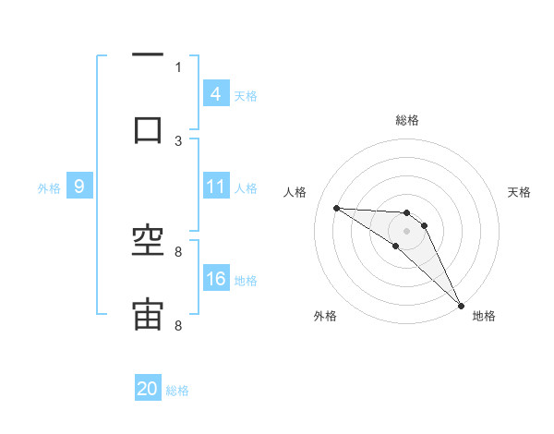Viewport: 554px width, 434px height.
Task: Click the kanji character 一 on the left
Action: click(148, 55)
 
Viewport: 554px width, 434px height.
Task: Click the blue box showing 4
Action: click(215, 94)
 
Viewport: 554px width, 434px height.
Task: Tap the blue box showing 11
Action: click(215, 187)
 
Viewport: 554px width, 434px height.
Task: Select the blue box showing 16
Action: click(215, 279)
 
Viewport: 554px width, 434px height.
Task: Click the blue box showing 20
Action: click(148, 390)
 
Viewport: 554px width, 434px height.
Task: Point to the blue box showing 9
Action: click(79, 187)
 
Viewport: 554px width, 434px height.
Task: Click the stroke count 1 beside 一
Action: click(178, 66)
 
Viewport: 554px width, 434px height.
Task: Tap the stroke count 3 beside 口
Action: click(178, 140)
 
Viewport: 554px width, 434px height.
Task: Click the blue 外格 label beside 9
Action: click(49, 187)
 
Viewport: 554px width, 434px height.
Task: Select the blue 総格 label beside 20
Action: click(177, 391)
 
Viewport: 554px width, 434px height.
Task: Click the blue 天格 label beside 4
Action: click(245, 95)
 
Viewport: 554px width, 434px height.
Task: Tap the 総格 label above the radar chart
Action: click(407, 120)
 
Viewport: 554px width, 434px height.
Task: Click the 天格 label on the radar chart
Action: click(519, 192)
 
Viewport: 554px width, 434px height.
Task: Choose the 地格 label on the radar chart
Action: click(484, 316)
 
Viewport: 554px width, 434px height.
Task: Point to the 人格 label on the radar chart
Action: click(295, 192)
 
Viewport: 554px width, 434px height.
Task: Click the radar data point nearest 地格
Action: click(461, 305)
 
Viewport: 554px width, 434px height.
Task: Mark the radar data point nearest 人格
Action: click(336, 208)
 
